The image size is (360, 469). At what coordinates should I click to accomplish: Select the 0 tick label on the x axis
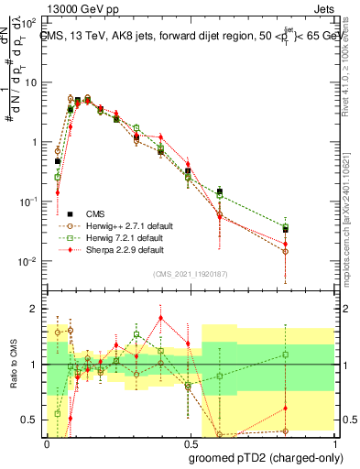[47, 442]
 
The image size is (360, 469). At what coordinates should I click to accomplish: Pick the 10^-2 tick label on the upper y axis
[30, 262]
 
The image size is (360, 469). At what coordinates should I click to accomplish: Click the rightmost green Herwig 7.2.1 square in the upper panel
[311, 229]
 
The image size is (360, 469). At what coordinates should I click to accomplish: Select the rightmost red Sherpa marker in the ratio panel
[311, 409]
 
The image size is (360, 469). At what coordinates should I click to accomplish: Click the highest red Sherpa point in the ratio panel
[161, 318]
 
